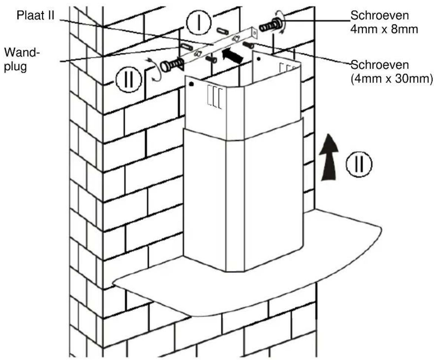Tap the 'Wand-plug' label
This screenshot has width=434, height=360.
pos(20,60)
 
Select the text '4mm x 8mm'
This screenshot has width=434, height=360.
pos(384,29)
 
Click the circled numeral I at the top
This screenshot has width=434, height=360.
pos(198,23)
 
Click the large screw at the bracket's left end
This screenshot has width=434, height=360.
pos(172,65)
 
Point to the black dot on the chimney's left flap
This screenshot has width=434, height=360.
pos(191,84)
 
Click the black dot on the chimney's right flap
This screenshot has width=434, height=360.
pos(259,59)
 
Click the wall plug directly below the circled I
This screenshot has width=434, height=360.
pos(222,31)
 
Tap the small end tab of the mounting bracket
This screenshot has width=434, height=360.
pos(254,33)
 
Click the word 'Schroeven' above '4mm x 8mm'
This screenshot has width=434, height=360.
pos(380,16)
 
